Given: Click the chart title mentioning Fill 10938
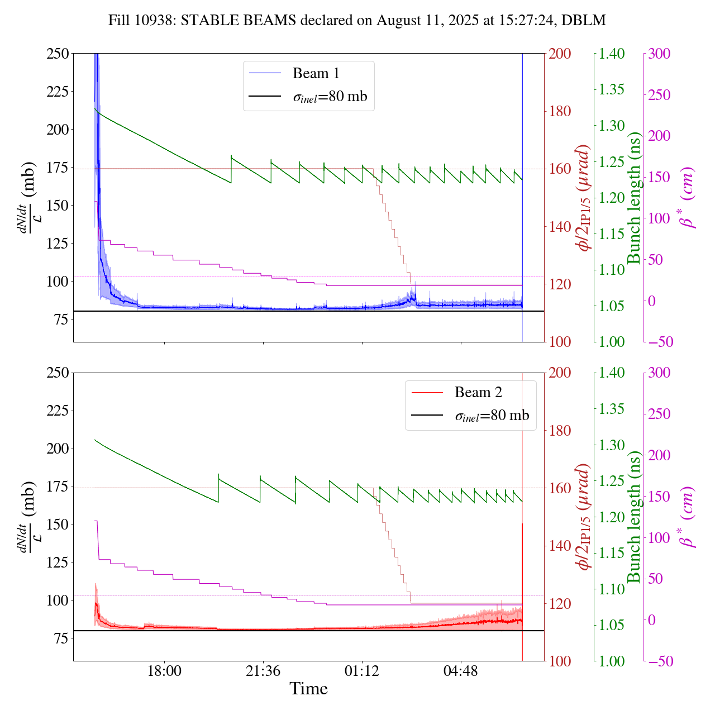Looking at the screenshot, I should (357, 21).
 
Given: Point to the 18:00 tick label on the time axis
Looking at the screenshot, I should (164, 671).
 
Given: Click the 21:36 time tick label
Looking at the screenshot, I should (263, 671).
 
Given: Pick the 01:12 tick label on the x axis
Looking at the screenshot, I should (362, 671).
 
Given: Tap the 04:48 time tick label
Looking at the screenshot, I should (460, 671).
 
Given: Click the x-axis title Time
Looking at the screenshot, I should (308, 689).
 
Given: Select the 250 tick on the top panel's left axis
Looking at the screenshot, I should (58, 54).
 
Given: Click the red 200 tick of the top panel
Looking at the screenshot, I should (560, 54).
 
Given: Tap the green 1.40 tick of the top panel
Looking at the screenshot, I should (612, 54).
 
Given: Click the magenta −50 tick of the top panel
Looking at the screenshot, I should (661, 342).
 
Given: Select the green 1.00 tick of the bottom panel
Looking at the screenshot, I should (612, 661).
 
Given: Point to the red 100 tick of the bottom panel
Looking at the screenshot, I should (560, 661).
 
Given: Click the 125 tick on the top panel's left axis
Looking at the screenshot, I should (58, 244).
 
